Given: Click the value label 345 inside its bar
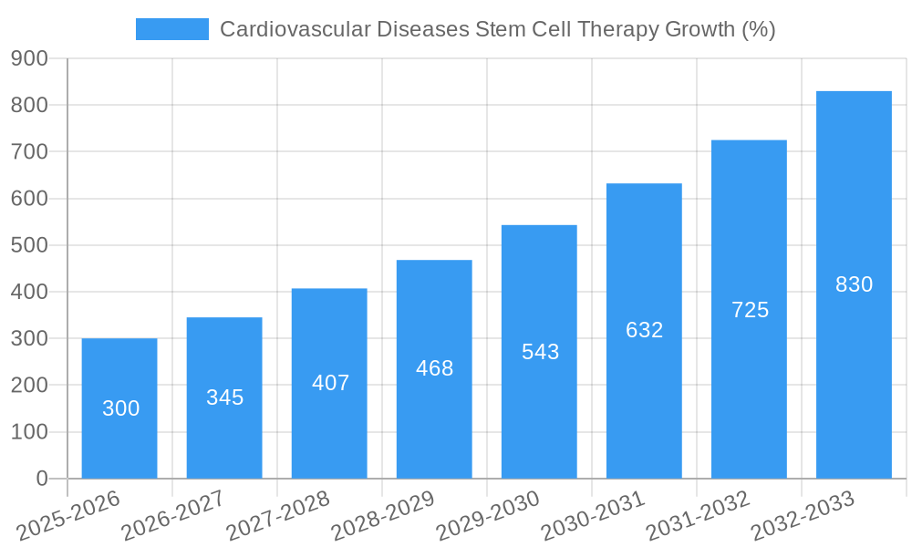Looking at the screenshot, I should pyautogui.click(x=224, y=397).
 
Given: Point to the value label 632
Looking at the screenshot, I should pyautogui.click(x=644, y=330).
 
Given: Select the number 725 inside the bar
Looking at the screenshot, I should pyautogui.click(x=750, y=310).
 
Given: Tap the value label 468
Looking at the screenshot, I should pyautogui.click(x=434, y=368).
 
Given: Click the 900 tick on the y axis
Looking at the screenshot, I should pyautogui.click(x=30, y=58).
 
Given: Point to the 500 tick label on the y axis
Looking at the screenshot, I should pyautogui.click(x=30, y=245).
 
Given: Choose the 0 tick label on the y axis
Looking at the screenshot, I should pyautogui.click(x=41, y=479).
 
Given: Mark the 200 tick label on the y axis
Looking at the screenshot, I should pyautogui.click(x=30, y=386).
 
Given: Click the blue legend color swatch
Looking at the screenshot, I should pyautogui.click(x=172, y=29).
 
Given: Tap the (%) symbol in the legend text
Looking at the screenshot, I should pyautogui.click(x=758, y=29).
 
